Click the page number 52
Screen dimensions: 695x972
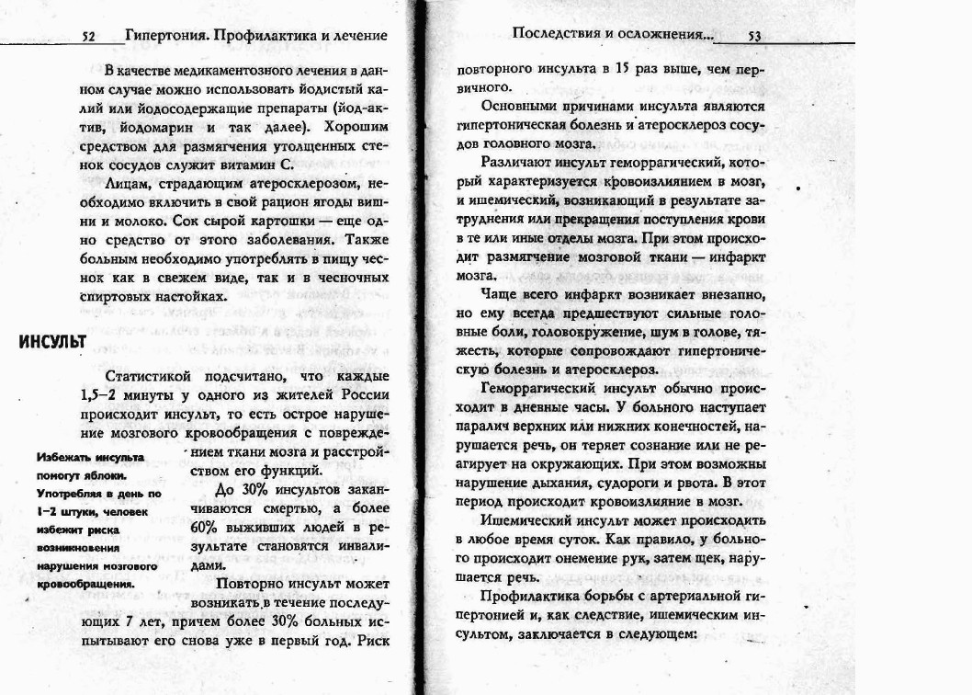click(89, 37)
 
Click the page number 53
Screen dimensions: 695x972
click(754, 37)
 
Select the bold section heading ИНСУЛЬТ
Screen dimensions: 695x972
click(53, 342)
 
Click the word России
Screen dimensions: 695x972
click(367, 395)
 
